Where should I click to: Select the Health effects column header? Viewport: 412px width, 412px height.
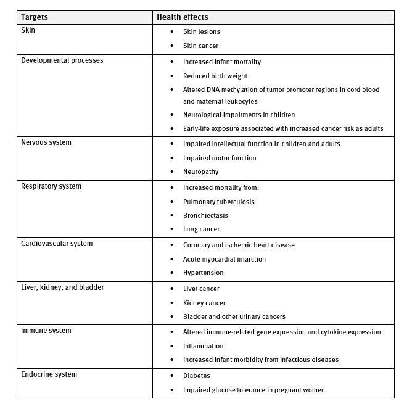coord(183,17)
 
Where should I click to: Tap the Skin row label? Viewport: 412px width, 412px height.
coord(28,30)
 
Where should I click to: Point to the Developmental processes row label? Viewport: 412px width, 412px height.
coord(62,60)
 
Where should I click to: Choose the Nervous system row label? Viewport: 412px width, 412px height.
coord(46,142)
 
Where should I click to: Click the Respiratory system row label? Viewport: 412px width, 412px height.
coord(51,186)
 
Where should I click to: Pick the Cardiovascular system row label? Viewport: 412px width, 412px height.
coord(57,244)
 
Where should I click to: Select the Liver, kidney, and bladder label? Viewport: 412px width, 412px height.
coord(62,287)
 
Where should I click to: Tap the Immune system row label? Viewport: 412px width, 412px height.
coord(46,331)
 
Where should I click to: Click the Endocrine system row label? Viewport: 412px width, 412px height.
coord(49,374)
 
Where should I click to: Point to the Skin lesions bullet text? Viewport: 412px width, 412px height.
coord(201,31)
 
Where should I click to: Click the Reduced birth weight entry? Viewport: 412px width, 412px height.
coord(215,76)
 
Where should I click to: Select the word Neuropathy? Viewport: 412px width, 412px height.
coord(200,171)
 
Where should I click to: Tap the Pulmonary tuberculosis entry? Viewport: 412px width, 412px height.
coord(218,202)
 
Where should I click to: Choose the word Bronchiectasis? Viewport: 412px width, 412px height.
coord(205,215)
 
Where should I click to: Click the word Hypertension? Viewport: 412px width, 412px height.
coord(203,273)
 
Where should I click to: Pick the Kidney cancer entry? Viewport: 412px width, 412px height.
coord(204,303)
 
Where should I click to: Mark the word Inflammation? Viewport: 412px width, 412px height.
coord(203,346)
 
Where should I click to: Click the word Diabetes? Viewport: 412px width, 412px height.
coord(196,376)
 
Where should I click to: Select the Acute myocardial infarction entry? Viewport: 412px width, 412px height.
coord(224,259)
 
